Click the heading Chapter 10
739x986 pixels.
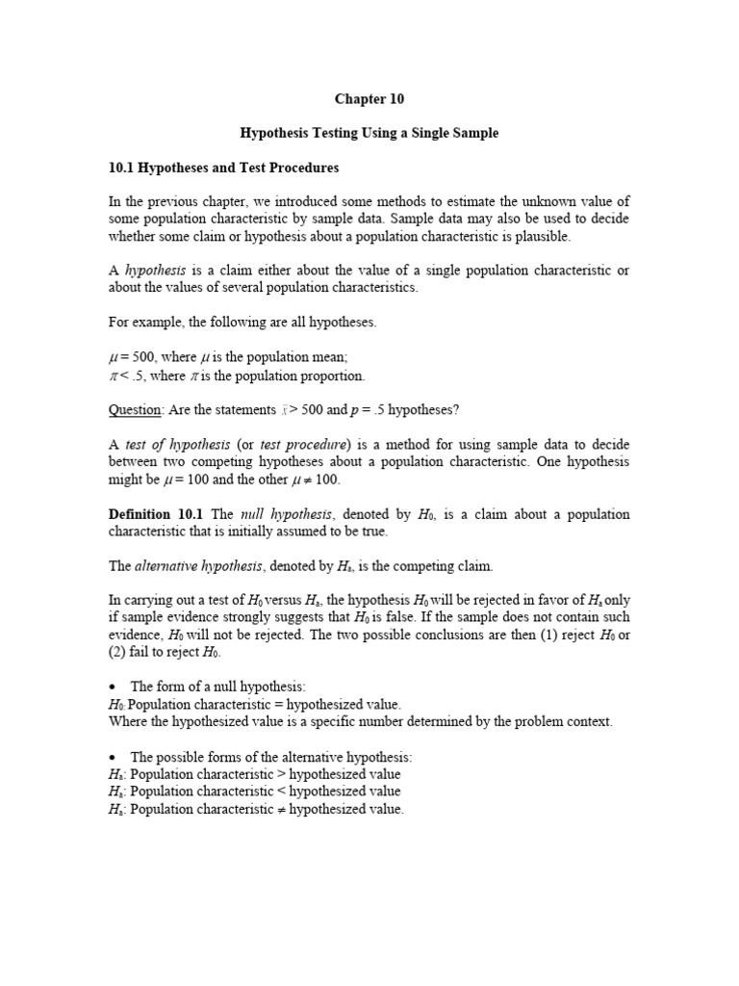(369, 98)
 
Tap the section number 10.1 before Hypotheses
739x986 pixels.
(122, 168)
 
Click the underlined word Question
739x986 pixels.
(134, 409)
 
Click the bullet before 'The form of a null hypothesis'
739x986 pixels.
(114, 688)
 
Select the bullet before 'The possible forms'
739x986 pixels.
(114, 758)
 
